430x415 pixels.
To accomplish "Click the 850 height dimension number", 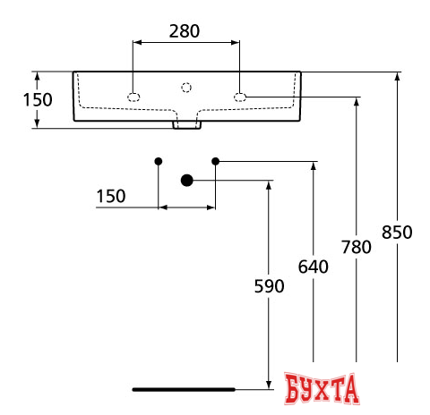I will pos(397,232).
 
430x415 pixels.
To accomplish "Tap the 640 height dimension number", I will pos(314,266).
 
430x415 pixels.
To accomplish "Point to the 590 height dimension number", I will pos(269,286).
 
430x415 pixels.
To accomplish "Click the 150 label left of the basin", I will pos(38,99).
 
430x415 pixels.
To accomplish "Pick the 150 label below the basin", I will pos(111,196).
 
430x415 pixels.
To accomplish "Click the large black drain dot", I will pos(187,180).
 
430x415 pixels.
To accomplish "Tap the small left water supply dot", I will pos(159,161).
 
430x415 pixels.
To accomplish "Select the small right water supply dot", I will pos(215,161).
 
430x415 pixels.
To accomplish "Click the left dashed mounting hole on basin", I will pos(133,97).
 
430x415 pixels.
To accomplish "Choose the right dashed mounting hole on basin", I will pos(240,97).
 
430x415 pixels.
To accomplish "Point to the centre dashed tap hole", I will pos(186,87).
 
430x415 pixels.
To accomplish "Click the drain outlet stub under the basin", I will pos(186,122).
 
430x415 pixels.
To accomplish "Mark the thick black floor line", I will pos(183,389).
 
